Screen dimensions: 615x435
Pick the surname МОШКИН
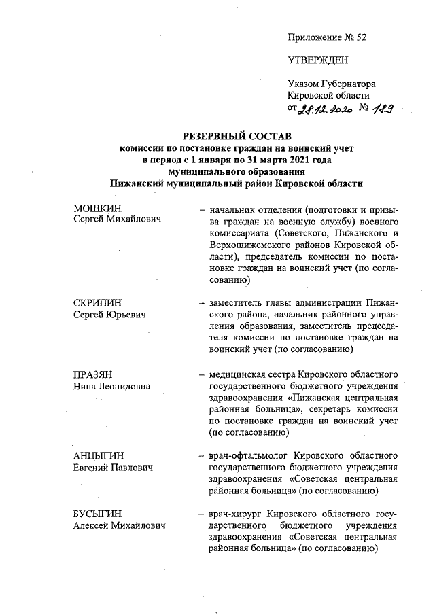click(x=94, y=209)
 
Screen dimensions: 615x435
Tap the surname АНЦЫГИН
click(x=97, y=455)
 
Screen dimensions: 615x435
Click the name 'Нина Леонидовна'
click(x=111, y=387)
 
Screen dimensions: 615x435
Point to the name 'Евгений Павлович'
click(x=112, y=468)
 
